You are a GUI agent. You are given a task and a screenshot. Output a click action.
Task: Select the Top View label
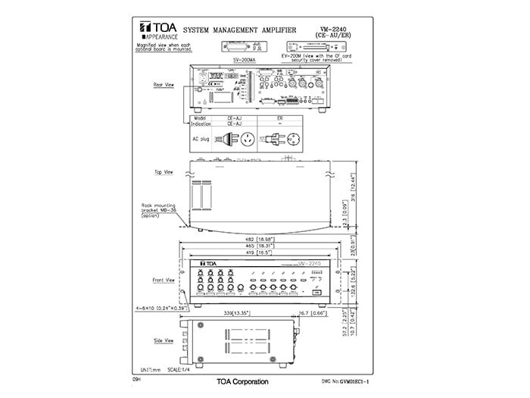(x=164, y=172)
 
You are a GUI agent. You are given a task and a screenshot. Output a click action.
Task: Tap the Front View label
(x=164, y=280)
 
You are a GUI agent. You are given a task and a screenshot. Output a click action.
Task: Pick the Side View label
(x=164, y=342)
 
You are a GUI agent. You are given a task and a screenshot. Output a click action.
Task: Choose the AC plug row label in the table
(x=201, y=139)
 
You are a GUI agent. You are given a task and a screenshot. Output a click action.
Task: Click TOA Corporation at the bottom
(x=242, y=381)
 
